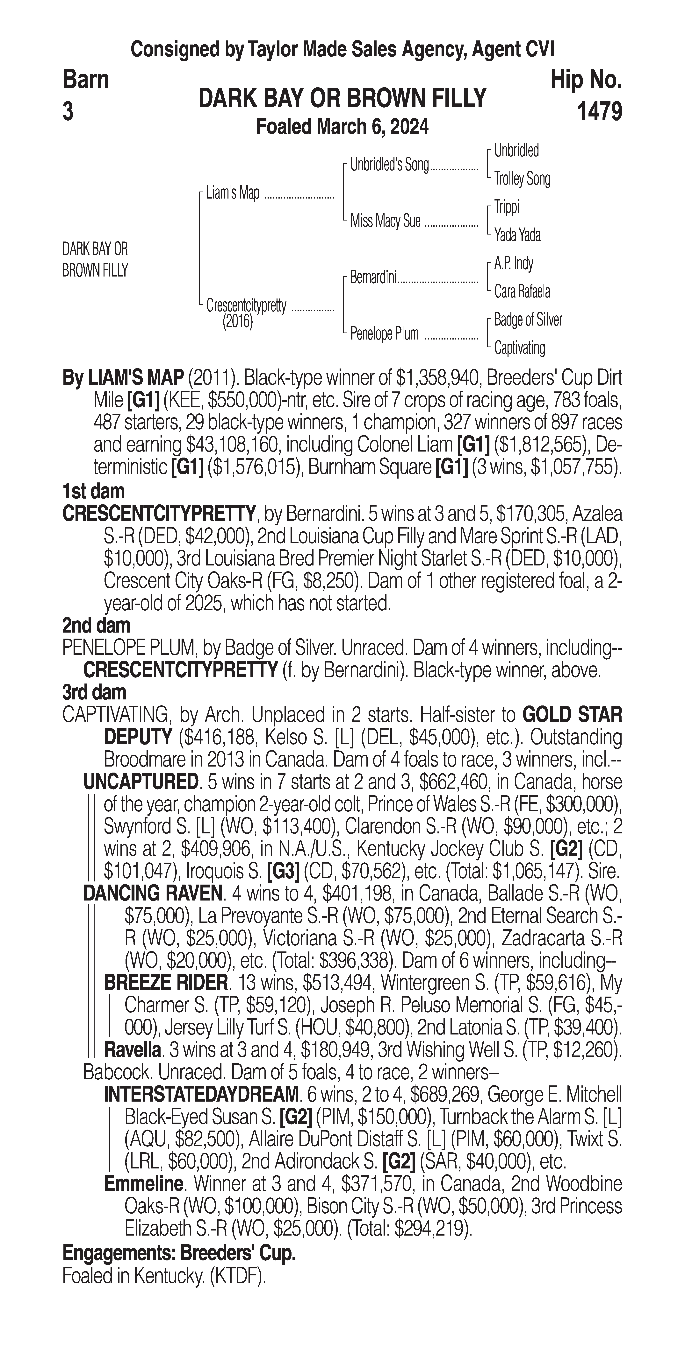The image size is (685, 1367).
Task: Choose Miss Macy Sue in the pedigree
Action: (385, 221)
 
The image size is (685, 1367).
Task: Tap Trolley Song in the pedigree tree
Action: (522, 179)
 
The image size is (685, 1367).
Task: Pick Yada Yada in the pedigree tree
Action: (517, 235)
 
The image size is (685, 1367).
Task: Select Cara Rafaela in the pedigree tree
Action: (522, 291)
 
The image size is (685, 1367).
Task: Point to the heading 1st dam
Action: (93, 491)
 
